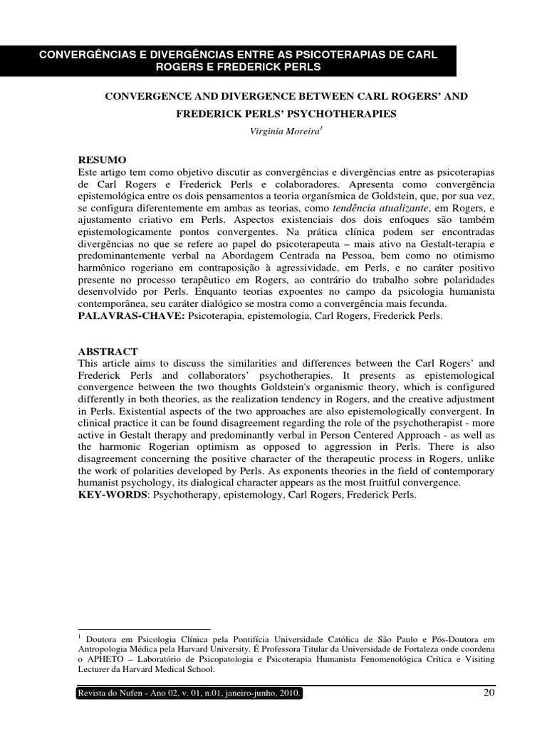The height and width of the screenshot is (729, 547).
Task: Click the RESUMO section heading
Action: (x=101, y=161)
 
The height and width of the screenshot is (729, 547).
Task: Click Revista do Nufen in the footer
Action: (x=108, y=693)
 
